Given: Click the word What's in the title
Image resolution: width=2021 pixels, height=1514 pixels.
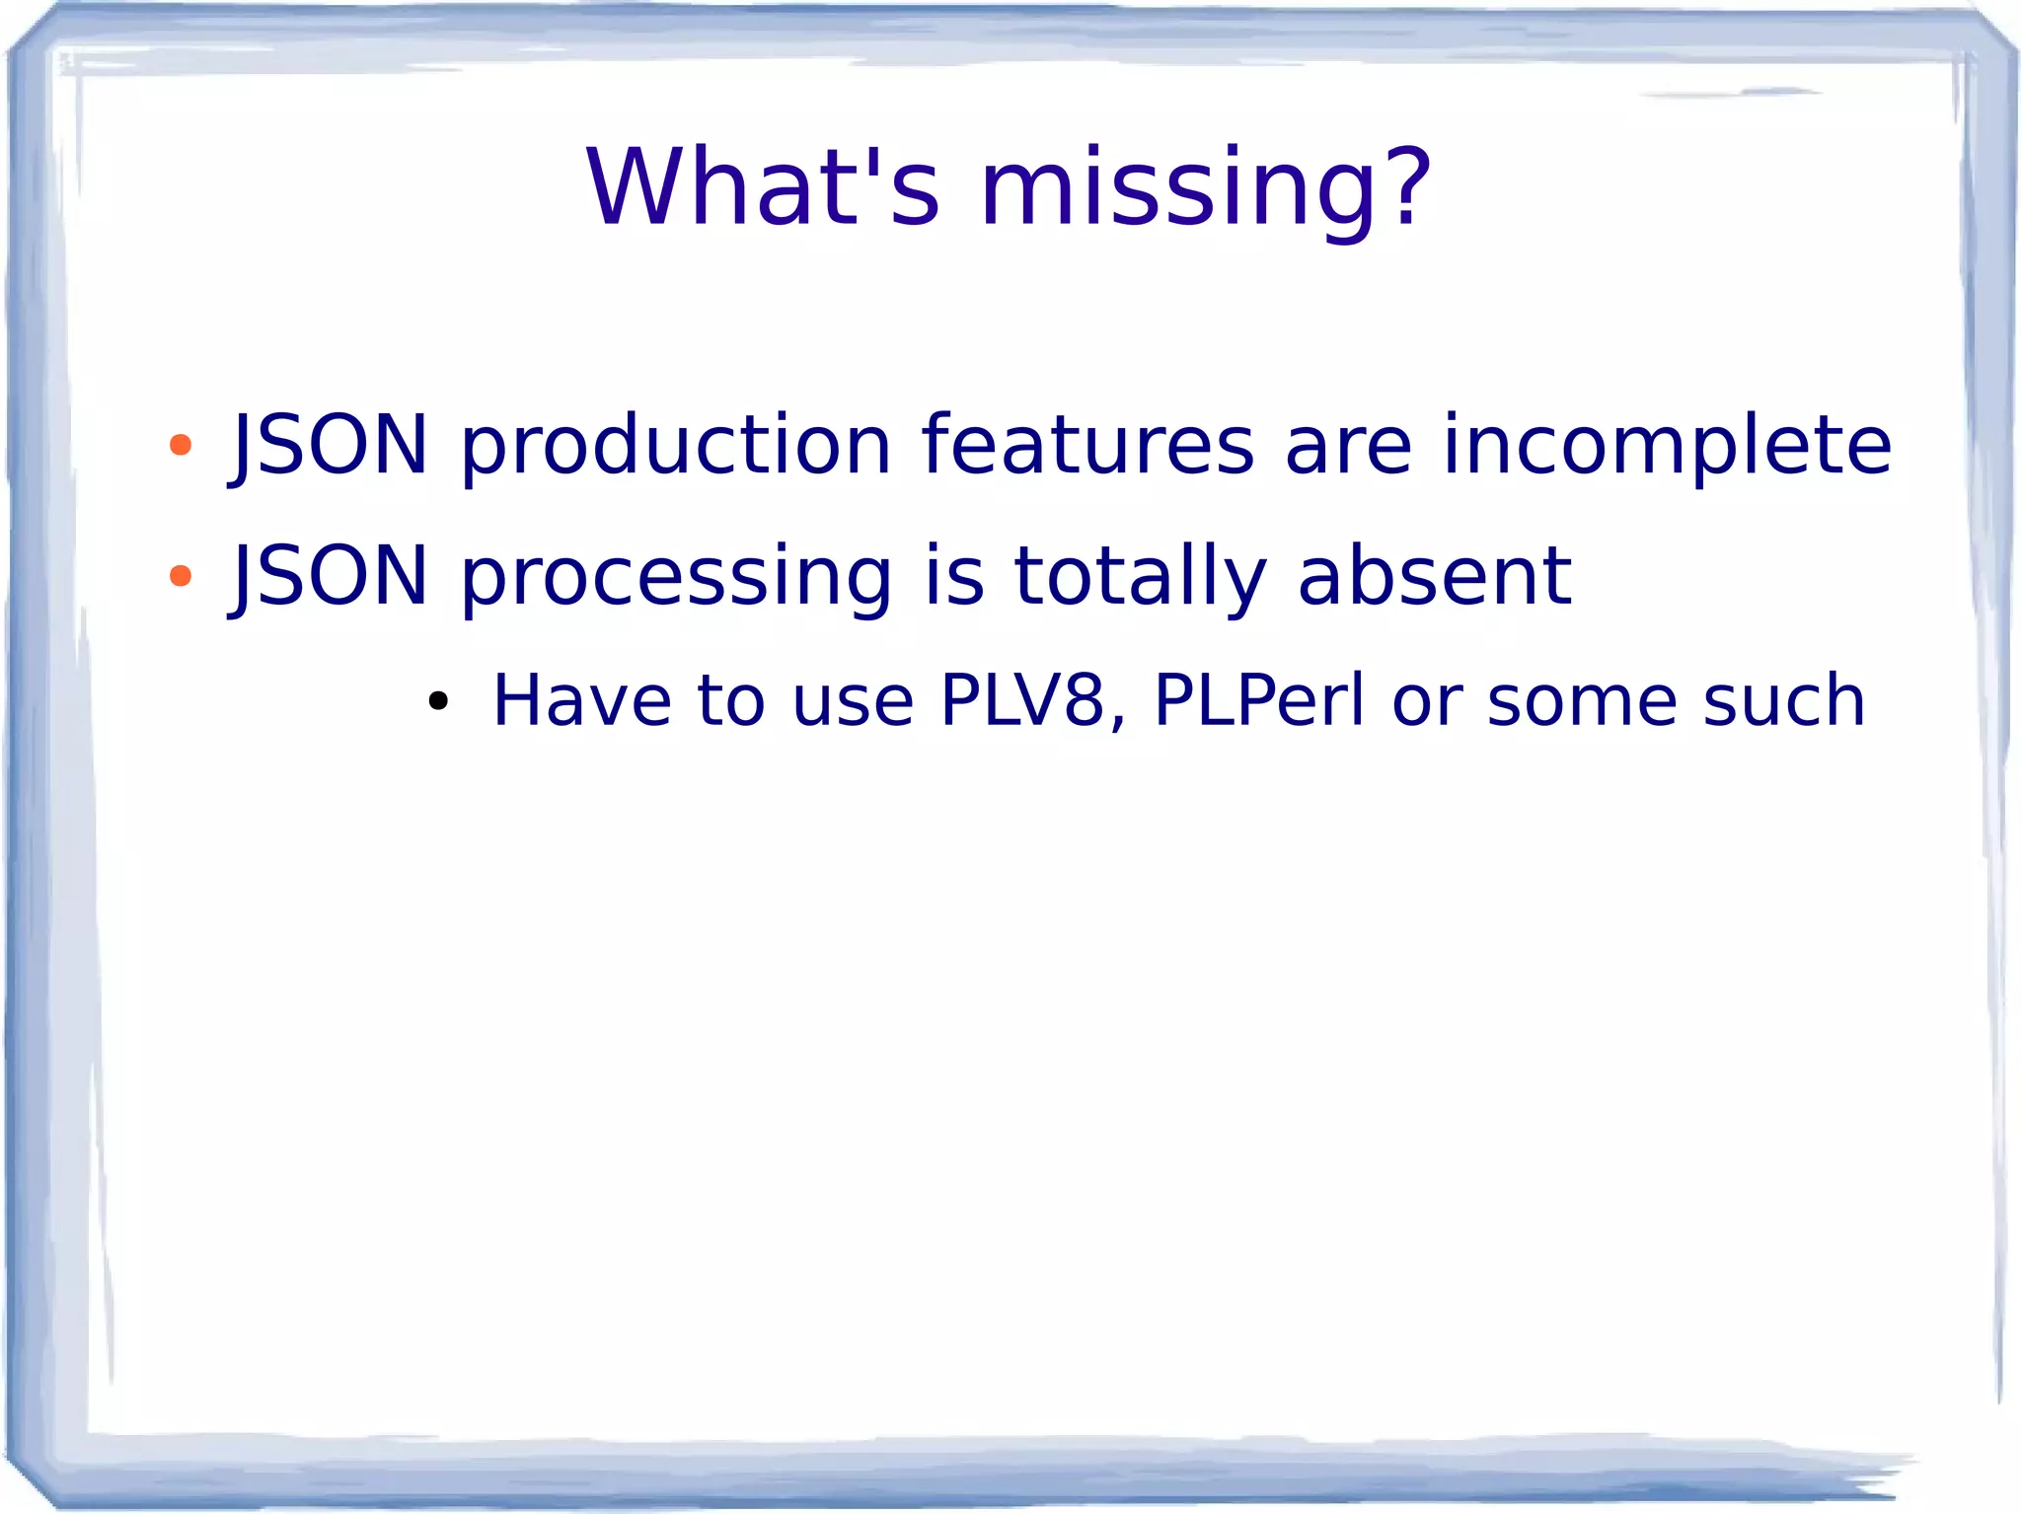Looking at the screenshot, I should tap(763, 188).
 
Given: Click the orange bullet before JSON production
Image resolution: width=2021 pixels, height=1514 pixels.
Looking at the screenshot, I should tap(180, 445).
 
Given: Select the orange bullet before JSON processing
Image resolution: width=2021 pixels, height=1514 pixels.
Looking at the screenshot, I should tap(180, 576).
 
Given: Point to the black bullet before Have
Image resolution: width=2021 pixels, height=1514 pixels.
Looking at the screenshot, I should tap(438, 702).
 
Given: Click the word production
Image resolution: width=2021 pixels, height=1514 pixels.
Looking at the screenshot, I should tap(676, 447).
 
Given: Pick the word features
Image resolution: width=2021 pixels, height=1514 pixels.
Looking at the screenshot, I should tap(1087, 445).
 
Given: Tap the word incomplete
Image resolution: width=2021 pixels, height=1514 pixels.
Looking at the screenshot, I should tap(1667, 447).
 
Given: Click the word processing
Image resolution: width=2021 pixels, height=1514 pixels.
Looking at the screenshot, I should tap(676, 578).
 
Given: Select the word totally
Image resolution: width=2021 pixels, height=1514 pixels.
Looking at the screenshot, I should tap(1140, 578).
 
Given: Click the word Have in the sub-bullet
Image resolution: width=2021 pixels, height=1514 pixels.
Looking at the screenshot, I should tap(581, 701).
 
